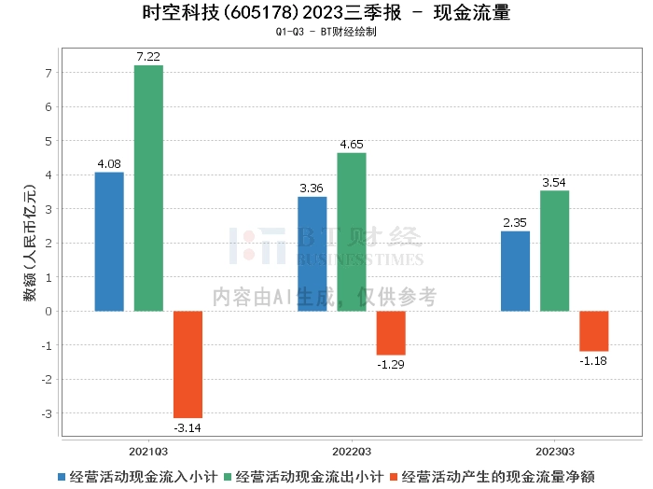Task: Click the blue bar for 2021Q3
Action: click(109, 242)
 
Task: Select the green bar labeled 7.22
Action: click(148, 189)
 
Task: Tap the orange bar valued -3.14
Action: click(188, 365)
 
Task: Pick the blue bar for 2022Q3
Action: click(313, 254)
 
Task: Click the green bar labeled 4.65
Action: click(352, 232)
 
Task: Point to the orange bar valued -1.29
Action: click(391, 333)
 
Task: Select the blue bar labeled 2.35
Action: click(515, 272)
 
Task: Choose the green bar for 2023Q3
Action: click(555, 251)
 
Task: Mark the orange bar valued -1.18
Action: click(594, 331)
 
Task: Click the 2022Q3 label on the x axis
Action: click(352, 452)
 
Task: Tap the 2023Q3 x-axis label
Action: click(555, 452)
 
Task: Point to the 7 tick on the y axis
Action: click(49, 73)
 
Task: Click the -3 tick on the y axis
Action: click(47, 413)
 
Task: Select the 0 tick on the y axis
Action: click(49, 311)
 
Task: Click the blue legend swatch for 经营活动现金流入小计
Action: click(62, 477)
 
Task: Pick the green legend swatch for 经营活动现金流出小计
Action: click(228, 477)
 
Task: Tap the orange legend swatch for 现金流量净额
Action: click(394, 477)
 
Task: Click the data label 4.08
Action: click(109, 164)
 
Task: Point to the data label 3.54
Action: click(554, 182)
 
